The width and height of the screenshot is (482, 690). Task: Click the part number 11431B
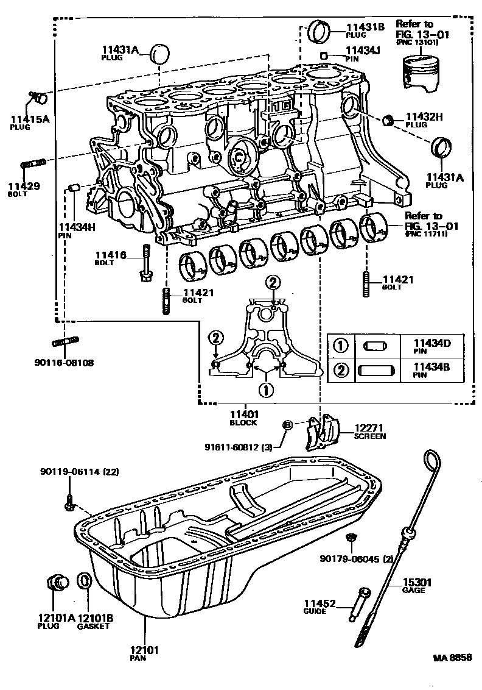[x=365, y=27]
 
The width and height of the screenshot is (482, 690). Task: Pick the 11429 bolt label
[x=24, y=185]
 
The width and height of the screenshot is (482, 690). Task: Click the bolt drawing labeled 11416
[x=147, y=263]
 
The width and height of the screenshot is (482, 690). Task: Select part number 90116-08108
[x=64, y=363]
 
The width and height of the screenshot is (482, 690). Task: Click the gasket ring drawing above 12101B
[x=86, y=582]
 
